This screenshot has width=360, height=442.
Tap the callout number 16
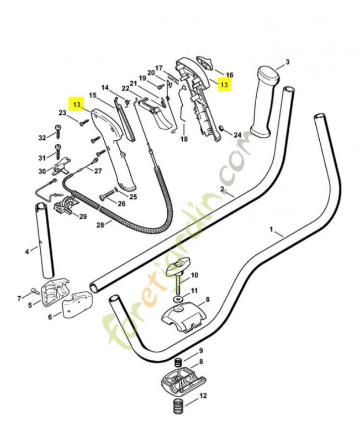tap(230, 75)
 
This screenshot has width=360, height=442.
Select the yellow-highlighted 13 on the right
tap(224, 85)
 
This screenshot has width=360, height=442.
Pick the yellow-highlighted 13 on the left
tap(77, 104)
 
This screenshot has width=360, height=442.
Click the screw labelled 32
tap(58, 131)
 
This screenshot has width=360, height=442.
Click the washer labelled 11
tap(178, 298)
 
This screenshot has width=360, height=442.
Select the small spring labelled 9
tap(178, 362)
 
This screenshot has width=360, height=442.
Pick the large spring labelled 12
tap(178, 406)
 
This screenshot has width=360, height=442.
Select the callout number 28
tap(100, 225)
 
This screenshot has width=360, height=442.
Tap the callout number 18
tap(184, 139)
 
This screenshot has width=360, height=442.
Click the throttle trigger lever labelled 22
tap(156, 114)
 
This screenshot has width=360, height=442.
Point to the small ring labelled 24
tap(221, 128)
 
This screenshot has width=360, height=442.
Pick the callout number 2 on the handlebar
tap(222, 189)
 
